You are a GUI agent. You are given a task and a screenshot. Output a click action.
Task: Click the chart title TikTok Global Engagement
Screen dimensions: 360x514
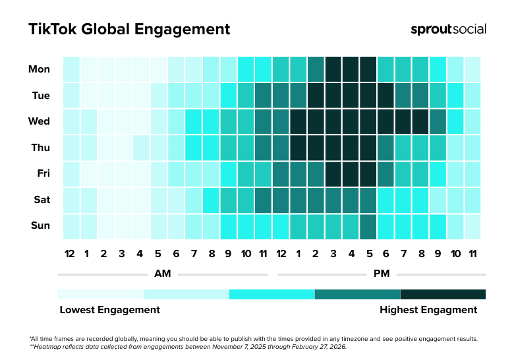[129, 30]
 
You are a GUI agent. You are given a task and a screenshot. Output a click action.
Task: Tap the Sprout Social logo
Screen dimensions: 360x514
[448, 30]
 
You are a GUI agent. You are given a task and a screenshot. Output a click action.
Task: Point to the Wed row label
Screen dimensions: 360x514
[40, 121]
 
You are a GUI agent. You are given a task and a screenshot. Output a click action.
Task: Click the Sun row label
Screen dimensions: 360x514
[40, 225]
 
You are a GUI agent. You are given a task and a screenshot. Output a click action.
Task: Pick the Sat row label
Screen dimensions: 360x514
[40, 199]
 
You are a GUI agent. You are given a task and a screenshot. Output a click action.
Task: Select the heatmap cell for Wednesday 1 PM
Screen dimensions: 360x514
[298, 121]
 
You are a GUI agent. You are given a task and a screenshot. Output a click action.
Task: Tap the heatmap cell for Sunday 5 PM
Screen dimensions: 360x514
[368, 225]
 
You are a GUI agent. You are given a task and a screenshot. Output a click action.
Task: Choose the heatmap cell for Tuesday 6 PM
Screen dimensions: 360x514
[385, 95]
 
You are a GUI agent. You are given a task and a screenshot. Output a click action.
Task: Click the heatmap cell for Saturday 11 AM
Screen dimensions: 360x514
[263, 199]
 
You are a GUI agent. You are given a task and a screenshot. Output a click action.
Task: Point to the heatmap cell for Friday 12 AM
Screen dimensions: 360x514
[71, 173]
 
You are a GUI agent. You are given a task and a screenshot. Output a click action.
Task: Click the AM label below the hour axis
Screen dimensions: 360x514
[163, 273]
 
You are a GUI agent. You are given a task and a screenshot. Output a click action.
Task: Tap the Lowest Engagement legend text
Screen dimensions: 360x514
[109, 309]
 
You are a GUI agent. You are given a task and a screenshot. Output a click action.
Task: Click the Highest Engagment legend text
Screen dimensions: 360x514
[428, 309]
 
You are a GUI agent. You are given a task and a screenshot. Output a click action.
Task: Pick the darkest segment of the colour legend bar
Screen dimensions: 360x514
[443, 294]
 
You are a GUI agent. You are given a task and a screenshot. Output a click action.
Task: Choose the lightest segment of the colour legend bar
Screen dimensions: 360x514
[100, 294]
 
